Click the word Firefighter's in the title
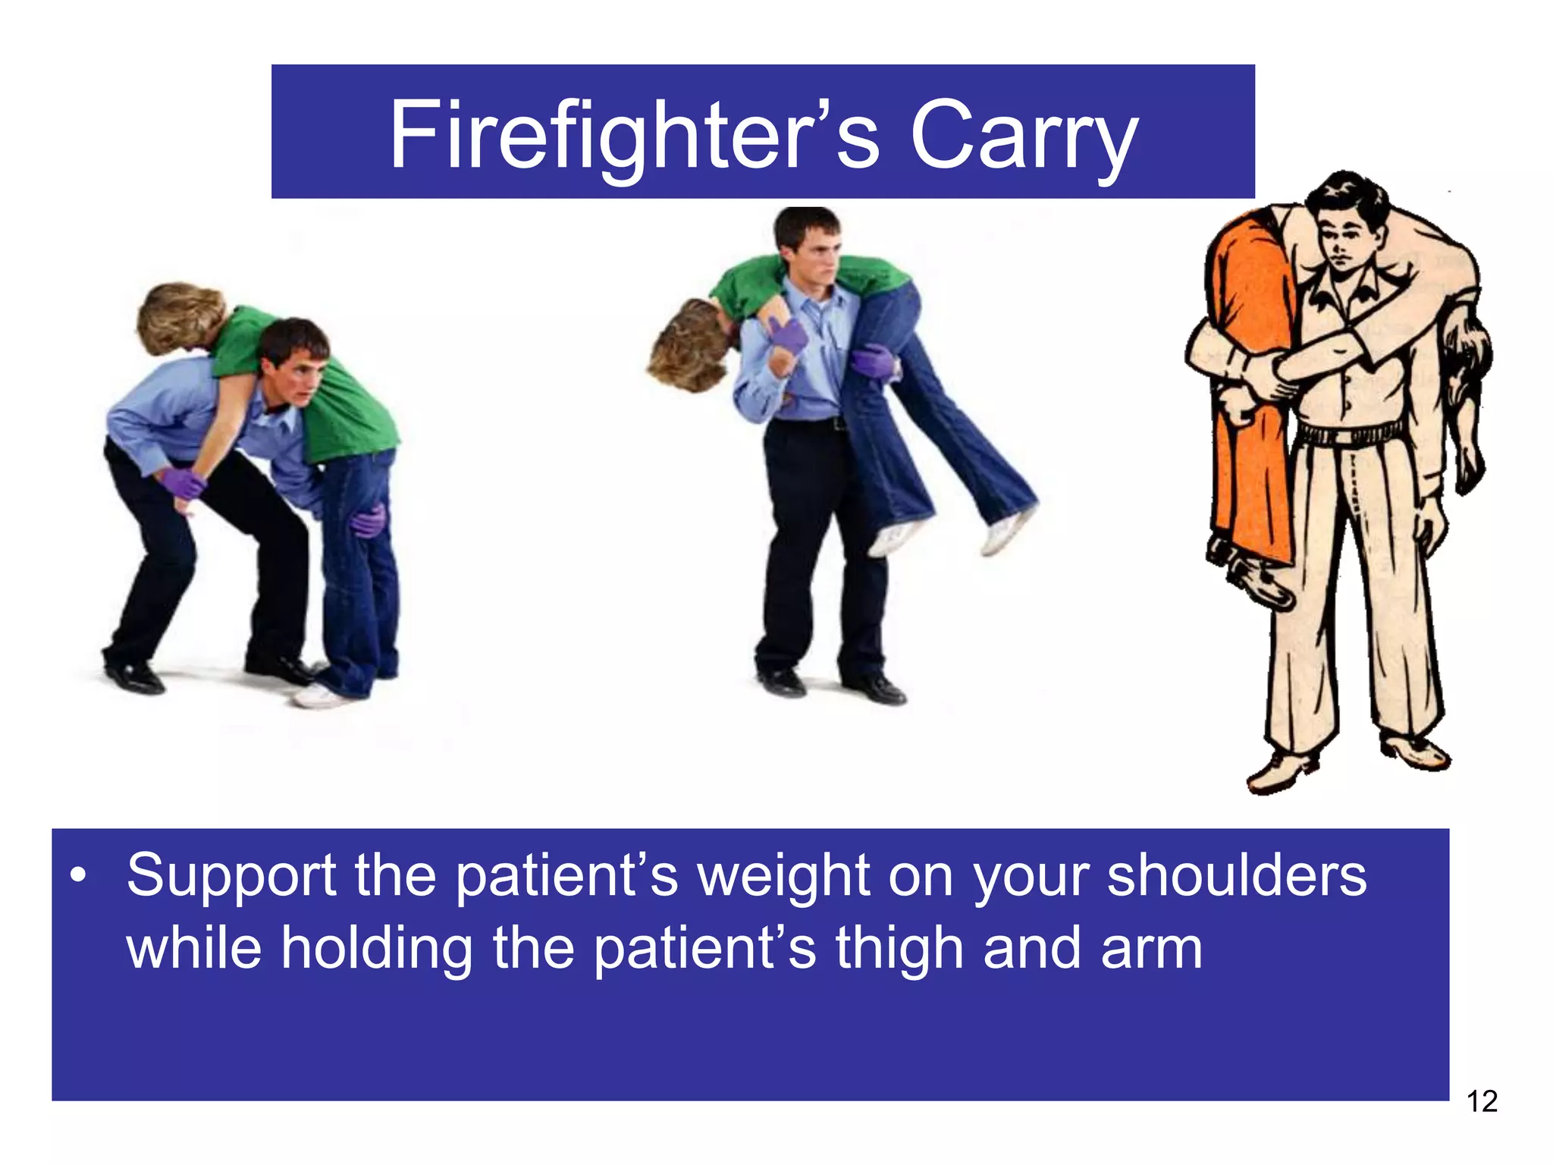tap(634, 137)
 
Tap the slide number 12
tap(1482, 1101)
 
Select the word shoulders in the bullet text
tap(1236, 875)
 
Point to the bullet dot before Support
tap(77, 878)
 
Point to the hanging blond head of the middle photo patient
tap(686, 346)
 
